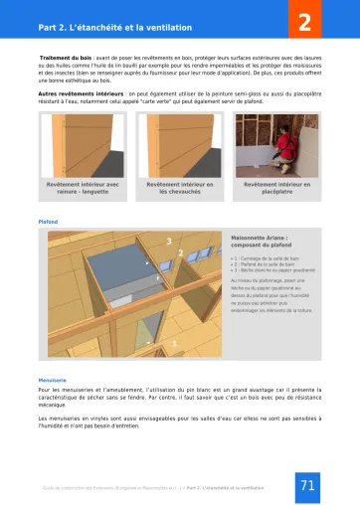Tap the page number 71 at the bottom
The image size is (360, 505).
pyautogui.click(x=307, y=486)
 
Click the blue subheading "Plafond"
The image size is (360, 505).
pyautogui.click(x=48, y=223)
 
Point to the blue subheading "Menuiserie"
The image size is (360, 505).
pyautogui.click(x=53, y=380)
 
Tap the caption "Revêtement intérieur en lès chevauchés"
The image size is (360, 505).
pyautogui.click(x=179, y=188)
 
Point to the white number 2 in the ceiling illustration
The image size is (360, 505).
pyautogui.click(x=179, y=252)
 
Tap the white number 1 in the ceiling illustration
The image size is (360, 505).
pyautogui.click(x=176, y=343)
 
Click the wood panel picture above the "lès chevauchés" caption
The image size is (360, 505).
pyautogui.click(x=179, y=141)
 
